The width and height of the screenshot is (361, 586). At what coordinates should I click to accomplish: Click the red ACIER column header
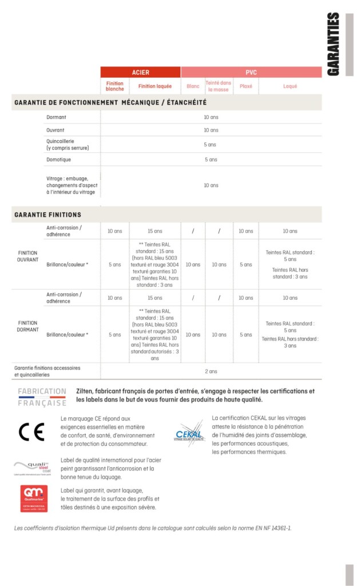141,72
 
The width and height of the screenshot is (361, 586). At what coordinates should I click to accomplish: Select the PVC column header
251,72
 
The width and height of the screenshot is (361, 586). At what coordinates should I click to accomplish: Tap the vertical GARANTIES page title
334,44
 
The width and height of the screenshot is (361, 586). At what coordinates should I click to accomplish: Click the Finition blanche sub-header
114,86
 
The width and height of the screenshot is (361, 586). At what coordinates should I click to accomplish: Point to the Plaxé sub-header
246,86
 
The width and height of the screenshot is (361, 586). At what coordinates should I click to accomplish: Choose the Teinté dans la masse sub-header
218,86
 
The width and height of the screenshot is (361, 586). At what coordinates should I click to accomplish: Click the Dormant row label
57,117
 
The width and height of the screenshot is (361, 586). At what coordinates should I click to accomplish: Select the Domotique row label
59,159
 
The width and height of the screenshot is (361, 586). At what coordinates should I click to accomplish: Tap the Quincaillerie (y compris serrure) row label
68,144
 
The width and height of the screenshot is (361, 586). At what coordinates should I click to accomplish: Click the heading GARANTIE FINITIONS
47,215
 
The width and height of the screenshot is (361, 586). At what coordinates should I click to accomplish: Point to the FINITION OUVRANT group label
28,256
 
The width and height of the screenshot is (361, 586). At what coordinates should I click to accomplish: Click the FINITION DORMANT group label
28,326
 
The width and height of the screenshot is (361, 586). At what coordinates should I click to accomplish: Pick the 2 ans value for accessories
211,371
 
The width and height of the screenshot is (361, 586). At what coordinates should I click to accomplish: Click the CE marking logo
31,431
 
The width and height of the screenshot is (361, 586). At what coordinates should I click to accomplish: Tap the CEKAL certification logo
189,433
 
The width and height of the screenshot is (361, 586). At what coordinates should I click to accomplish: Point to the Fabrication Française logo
42,397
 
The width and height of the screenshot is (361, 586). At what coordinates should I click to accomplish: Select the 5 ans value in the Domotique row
211,159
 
